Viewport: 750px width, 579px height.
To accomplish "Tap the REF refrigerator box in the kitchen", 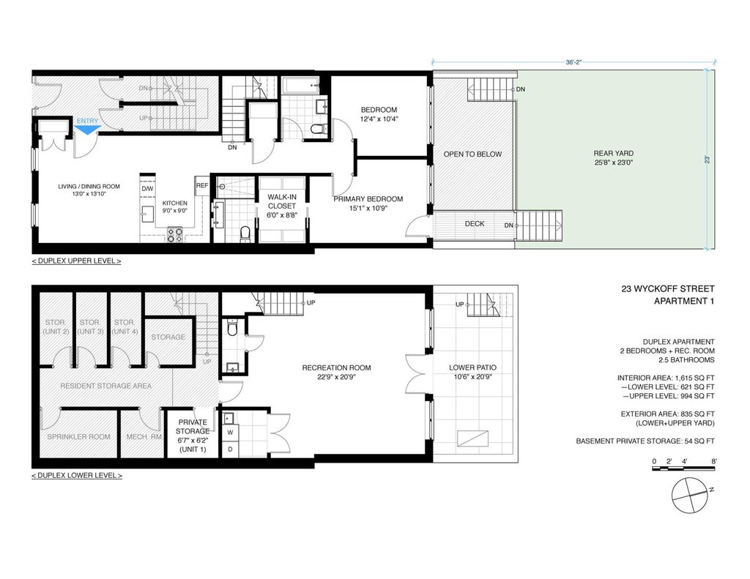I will pos(202,186).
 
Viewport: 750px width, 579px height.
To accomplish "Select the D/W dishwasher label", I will pos(147,188).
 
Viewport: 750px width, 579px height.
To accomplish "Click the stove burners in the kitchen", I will pos(175,235).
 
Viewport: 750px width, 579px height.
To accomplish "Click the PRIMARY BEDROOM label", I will pos(368,198).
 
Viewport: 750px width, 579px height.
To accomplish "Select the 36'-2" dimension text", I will pos(573,62).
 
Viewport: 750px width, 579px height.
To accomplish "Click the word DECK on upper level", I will pos(475,224).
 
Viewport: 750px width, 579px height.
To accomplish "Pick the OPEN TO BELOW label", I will pos(472,154).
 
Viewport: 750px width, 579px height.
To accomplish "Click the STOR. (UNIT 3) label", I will pos(90,326).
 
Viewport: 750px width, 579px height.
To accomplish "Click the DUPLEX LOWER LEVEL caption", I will pos(77,475).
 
